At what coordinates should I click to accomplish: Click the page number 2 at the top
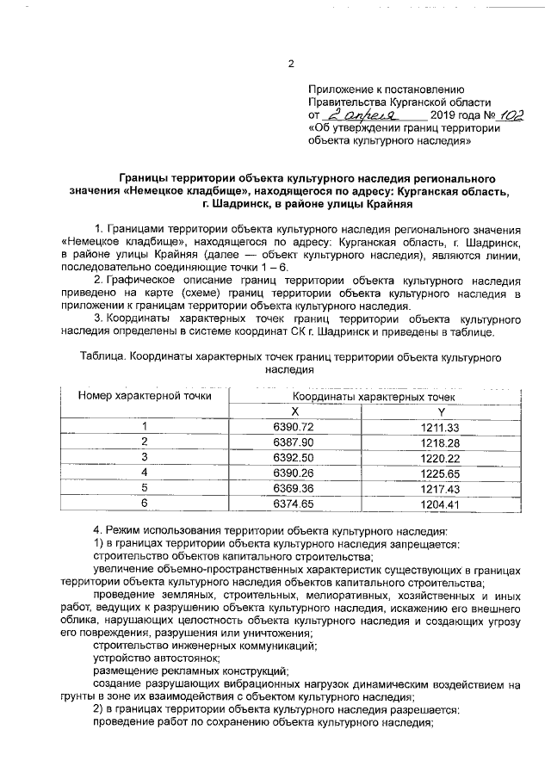coord(291,64)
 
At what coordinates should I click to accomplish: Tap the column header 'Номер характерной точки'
coord(145,396)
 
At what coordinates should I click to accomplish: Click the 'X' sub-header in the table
coord(294,412)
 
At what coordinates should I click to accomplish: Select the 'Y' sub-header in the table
coord(440,412)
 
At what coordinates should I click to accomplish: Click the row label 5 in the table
coord(145,487)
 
